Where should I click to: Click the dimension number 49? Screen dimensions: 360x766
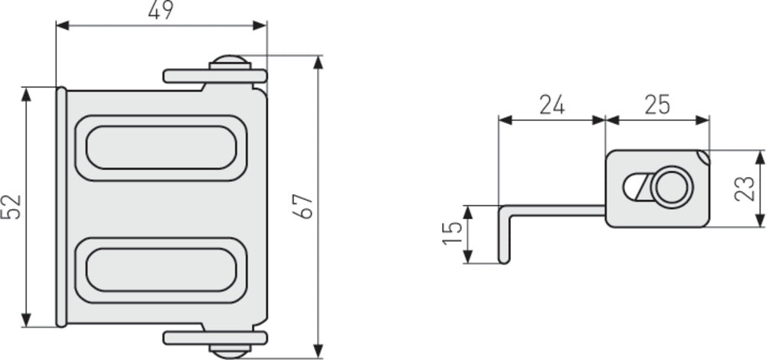tap(161, 10)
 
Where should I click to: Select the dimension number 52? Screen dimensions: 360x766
tap(11, 206)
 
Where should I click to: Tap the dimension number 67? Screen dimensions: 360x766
tap(304, 206)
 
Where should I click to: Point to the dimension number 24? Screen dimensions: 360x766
tap(552, 104)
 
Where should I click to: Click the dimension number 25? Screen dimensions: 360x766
tap(656, 104)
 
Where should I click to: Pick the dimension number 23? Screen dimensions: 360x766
tap(743, 188)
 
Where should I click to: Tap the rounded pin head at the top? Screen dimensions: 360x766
tap(229, 62)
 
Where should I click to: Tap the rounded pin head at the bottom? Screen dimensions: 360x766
tap(229, 352)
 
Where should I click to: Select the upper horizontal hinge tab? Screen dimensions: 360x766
tap(188, 77)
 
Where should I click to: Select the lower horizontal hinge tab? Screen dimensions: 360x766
tap(188, 338)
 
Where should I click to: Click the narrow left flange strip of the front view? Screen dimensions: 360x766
tap(61, 207)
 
